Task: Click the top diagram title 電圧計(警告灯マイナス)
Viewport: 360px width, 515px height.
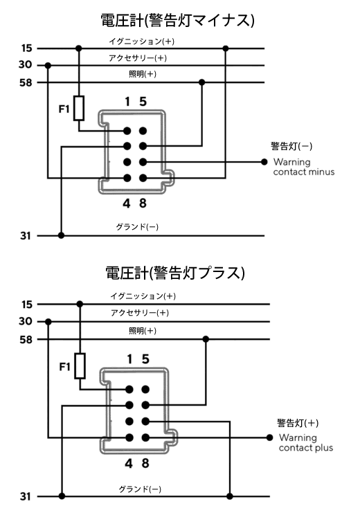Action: pyautogui.click(x=177, y=20)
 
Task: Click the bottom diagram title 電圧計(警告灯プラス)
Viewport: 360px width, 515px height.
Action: pyautogui.click(x=175, y=273)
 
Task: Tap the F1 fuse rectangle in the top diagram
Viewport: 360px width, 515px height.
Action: pyautogui.click(x=79, y=108)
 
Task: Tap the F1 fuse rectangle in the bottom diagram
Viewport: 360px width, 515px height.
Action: pyautogui.click(x=80, y=366)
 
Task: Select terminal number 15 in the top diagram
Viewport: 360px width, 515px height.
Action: pyautogui.click(x=26, y=48)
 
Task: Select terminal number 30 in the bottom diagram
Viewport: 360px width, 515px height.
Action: pyautogui.click(x=26, y=321)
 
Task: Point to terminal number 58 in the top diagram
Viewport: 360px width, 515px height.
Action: pyautogui.click(x=26, y=82)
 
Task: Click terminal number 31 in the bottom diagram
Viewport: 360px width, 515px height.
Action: pyautogui.click(x=26, y=496)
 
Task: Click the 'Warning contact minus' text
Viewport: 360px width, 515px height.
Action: pyautogui.click(x=304, y=167)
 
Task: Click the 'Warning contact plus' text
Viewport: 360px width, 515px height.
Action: pyautogui.click(x=306, y=443)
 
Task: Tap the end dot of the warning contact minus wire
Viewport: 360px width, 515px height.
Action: pyautogui.click(x=264, y=162)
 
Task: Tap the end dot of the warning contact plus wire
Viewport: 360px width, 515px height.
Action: pyautogui.click(x=270, y=437)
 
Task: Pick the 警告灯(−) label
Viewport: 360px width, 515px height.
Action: pyautogui.click(x=291, y=146)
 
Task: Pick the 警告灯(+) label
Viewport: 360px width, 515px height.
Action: pyautogui.click(x=298, y=423)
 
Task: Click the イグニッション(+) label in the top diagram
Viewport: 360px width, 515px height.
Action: pyautogui.click(x=142, y=42)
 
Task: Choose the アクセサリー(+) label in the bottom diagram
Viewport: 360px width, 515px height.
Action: pyautogui.click(x=140, y=313)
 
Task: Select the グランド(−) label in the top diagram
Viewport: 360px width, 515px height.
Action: pyautogui.click(x=137, y=226)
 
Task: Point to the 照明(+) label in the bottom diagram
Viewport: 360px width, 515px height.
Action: pyautogui.click(x=143, y=330)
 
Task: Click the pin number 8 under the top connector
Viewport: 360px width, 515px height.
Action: pyautogui.click(x=143, y=204)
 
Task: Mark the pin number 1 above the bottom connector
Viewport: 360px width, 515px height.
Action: pyautogui.click(x=129, y=359)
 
